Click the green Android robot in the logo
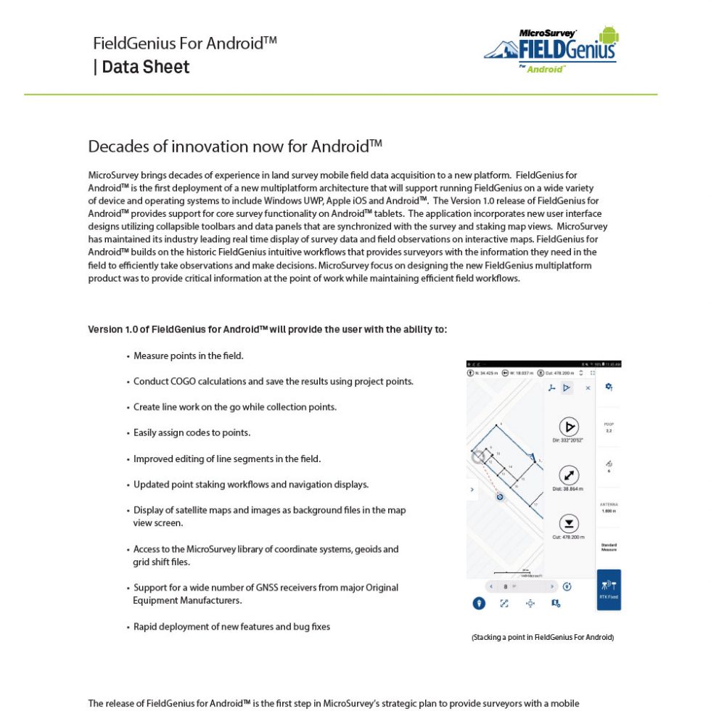(609, 34)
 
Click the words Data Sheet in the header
(146, 67)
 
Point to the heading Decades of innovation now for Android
(235, 147)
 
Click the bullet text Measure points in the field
(188, 356)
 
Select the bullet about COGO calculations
(273, 382)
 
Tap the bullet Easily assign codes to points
(192, 433)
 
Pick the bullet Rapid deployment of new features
(231, 627)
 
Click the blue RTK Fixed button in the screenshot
(609, 588)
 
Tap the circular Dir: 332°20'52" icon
(568, 427)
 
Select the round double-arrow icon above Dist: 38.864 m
(568, 476)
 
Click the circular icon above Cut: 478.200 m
(568, 524)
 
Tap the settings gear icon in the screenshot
(609, 387)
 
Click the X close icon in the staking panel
(588, 388)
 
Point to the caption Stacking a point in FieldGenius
(543, 638)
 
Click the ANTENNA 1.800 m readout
(609, 508)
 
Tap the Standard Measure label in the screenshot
(609, 547)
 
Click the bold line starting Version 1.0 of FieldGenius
(267, 329)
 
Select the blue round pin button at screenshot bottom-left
(479, 603)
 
